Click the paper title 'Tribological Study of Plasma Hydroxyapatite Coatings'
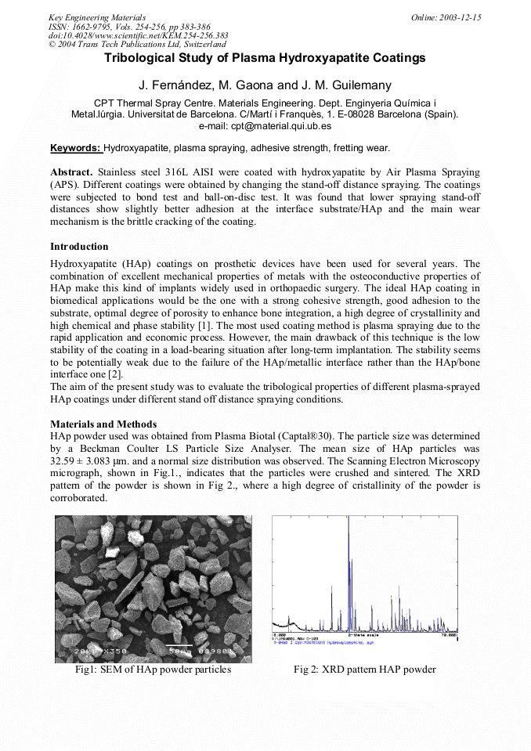265,58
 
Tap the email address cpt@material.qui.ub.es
265,125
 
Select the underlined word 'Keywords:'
75,148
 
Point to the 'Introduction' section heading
79,247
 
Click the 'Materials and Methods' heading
103,424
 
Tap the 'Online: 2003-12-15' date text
446,17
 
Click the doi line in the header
139,35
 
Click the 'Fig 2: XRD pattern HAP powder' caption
365,670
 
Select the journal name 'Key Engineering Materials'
97,17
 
